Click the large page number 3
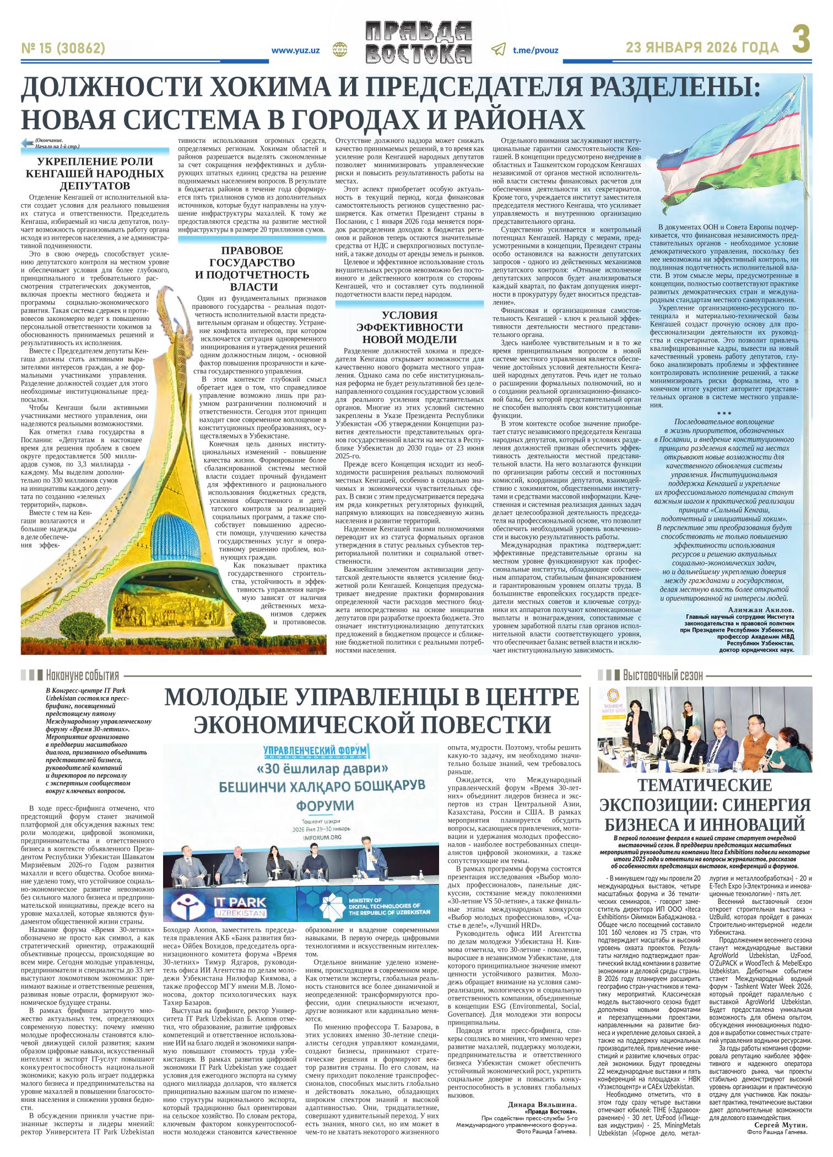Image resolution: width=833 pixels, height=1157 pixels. (802, 41)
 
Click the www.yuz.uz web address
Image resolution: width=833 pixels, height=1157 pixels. (296, 50)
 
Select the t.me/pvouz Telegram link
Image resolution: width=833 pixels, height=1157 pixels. (535, 50)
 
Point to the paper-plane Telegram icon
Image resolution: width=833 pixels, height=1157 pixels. (498, 50)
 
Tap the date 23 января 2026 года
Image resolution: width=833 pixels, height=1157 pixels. (702, 49)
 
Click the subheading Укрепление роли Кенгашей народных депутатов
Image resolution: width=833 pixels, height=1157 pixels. (96, 173)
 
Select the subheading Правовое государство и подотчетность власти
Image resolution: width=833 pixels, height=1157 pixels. (253, 269)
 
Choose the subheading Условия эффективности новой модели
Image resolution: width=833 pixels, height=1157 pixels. (410, 327)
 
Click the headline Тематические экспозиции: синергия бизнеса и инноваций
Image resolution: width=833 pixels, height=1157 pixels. (705, 805)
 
